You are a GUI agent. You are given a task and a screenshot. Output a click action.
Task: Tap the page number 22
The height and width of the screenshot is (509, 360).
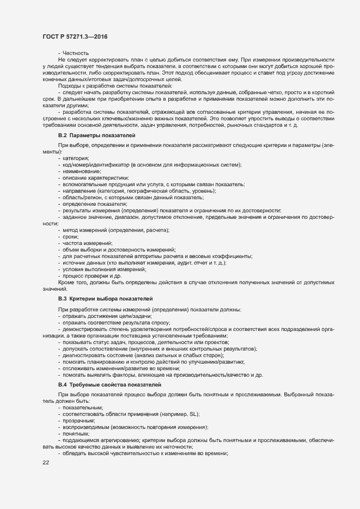[x=46, y=463]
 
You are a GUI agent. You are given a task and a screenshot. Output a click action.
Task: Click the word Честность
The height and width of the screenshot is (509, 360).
[x=76, y=53]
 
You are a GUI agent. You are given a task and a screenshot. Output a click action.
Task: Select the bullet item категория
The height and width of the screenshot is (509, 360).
[x=76, y=158]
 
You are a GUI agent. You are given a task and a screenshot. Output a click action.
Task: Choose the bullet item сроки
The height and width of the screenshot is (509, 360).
[x=71, y=236]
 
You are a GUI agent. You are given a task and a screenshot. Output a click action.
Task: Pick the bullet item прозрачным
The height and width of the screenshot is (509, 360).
[x=79, y=420]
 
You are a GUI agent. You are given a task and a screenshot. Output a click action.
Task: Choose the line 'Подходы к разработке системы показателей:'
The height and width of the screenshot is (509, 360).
[x=115, y=86]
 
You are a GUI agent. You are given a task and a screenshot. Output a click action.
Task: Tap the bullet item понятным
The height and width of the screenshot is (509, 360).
[x=76, y=433]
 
